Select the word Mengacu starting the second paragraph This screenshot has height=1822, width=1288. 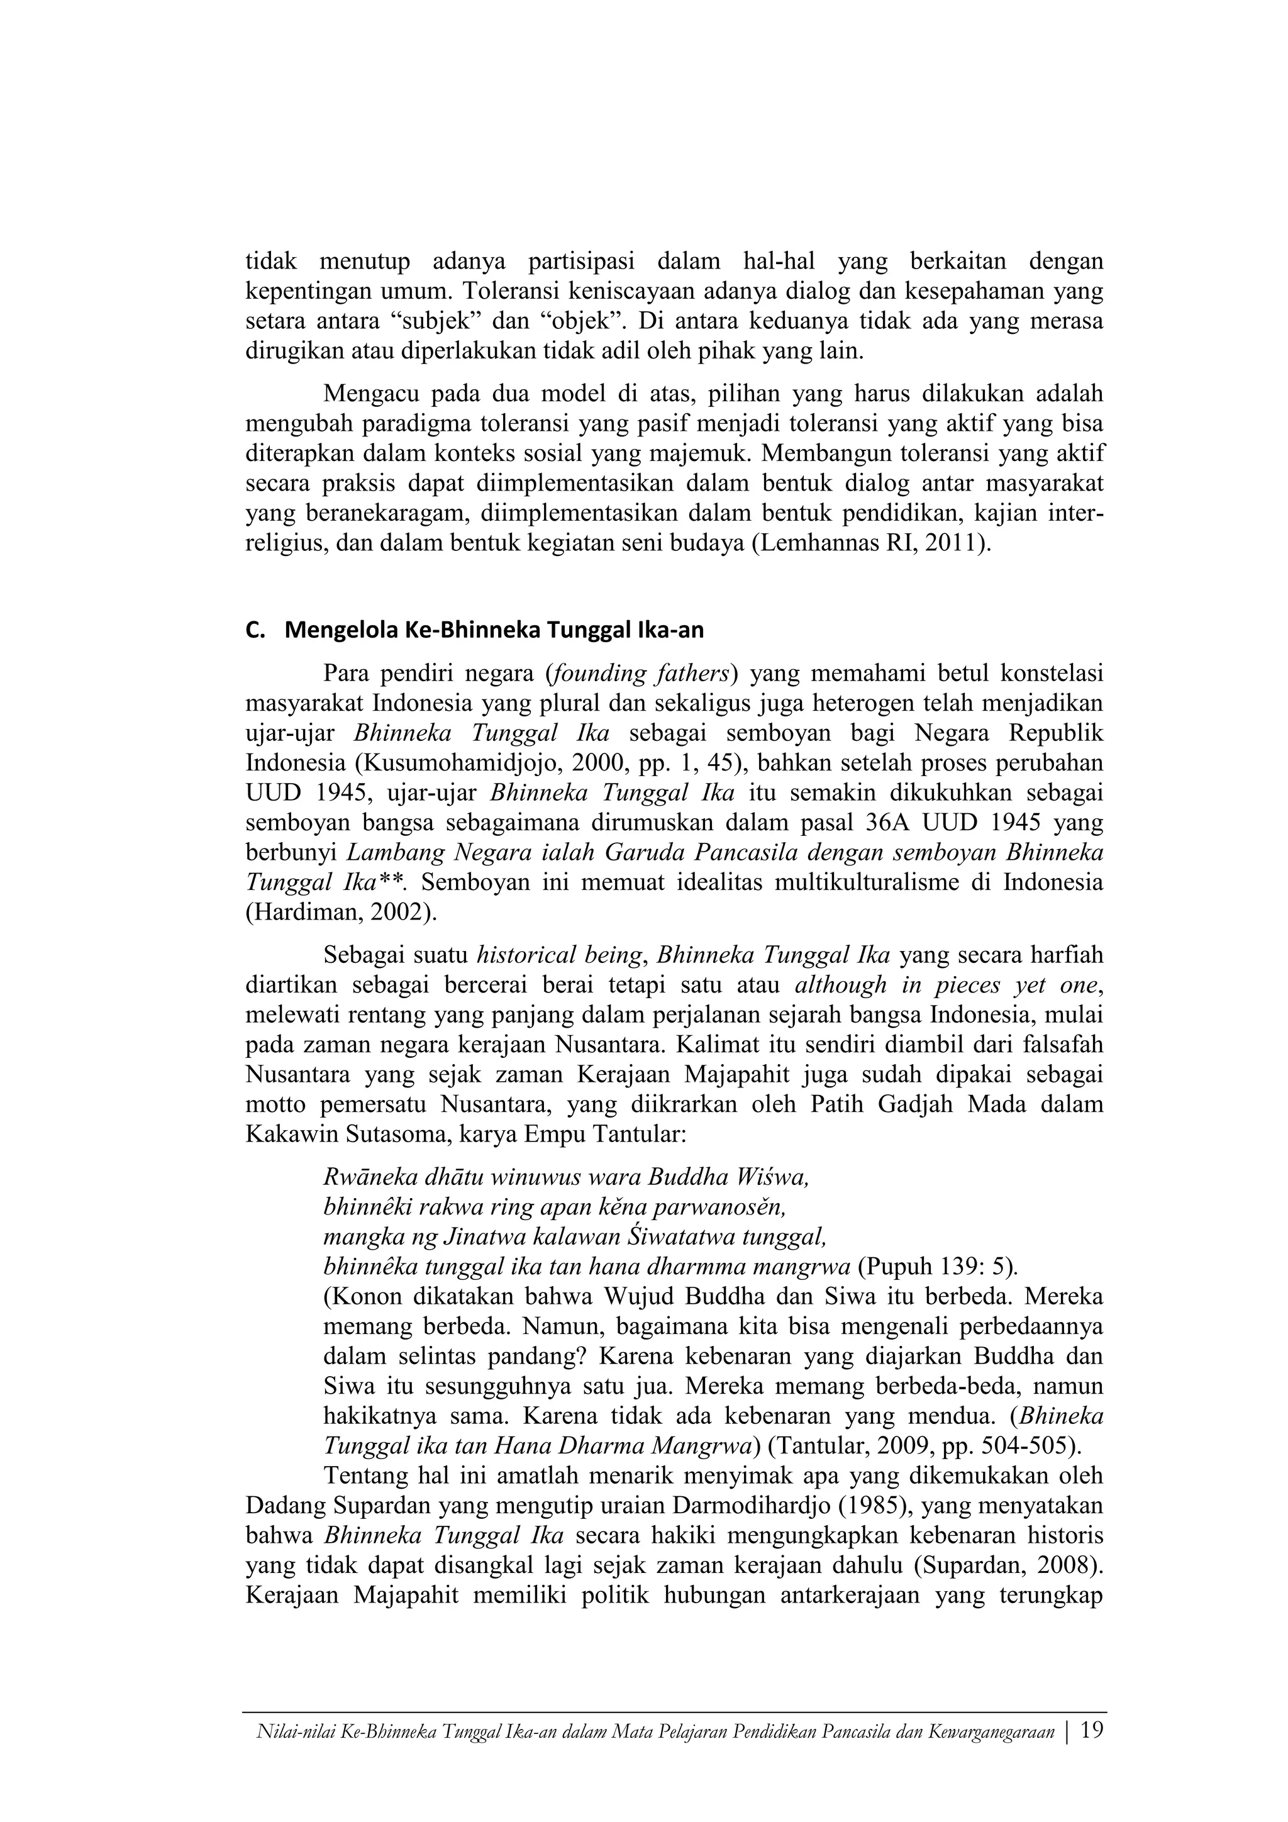click(x=372, y=394)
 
